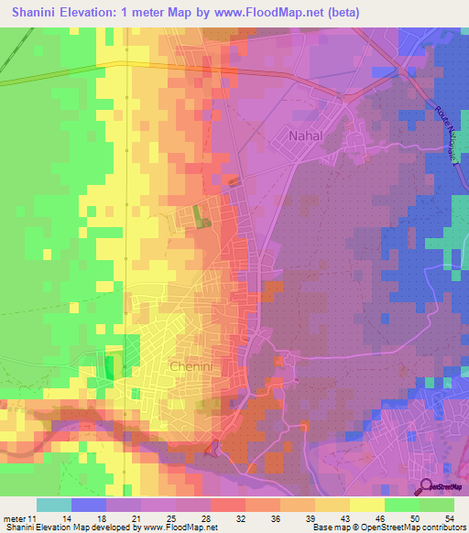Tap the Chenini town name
click(192, 366)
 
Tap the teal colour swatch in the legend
click(54, 505)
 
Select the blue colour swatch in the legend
click(89, 505)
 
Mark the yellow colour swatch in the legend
click(366, 505)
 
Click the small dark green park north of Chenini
click(200, 216)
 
